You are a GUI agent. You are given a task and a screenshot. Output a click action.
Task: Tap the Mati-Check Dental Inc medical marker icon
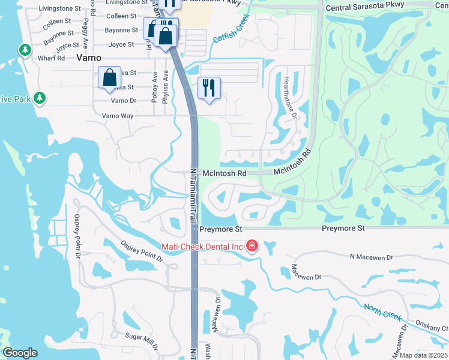(252, 246)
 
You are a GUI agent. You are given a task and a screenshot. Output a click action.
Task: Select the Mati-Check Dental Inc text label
(202, 247)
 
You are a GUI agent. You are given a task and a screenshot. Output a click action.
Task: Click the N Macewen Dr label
(371, 256)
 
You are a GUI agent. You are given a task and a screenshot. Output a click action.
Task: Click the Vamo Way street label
(118, 115)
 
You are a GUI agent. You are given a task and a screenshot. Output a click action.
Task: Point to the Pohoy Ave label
(154, 87)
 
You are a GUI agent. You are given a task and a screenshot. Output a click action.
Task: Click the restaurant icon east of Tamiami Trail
(209, 87)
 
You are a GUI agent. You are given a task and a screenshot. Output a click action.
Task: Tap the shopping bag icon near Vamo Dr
(109, 77)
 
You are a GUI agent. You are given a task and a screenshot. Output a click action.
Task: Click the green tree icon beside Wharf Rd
(25, 49)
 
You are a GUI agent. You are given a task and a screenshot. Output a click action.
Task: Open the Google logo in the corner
(20, 353)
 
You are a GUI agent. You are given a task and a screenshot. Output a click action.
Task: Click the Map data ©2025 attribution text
(423, 355)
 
